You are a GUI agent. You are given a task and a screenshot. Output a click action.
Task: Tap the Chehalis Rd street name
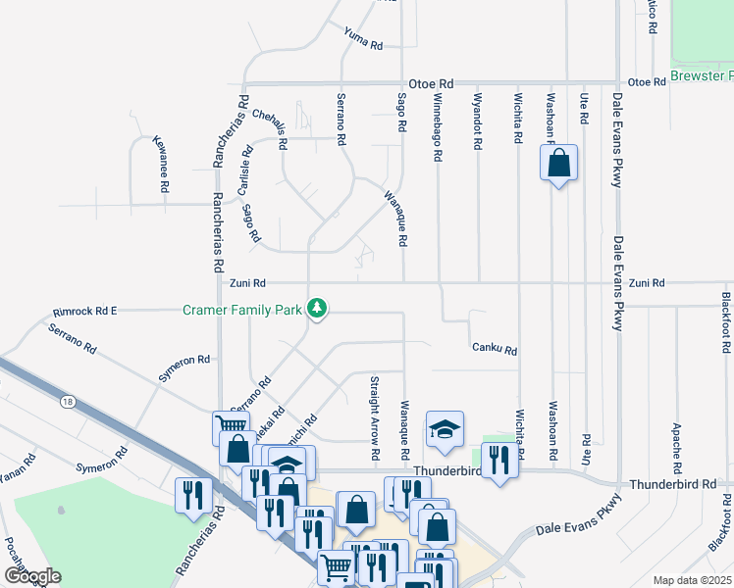[269, 128]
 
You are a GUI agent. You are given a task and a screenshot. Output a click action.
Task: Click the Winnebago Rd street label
[438, 128]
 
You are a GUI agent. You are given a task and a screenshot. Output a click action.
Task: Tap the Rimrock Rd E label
[84, 311]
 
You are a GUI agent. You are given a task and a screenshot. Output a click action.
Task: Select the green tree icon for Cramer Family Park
[316, 310]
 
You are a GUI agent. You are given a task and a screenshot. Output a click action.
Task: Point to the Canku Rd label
[494, 348]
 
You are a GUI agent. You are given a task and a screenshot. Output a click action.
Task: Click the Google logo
[32, 576]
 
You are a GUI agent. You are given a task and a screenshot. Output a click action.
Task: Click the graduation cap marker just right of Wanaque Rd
[445, 429]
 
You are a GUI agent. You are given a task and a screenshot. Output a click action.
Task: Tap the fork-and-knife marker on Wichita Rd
[499, 461]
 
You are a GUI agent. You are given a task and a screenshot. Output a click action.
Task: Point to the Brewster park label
[702, 75]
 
